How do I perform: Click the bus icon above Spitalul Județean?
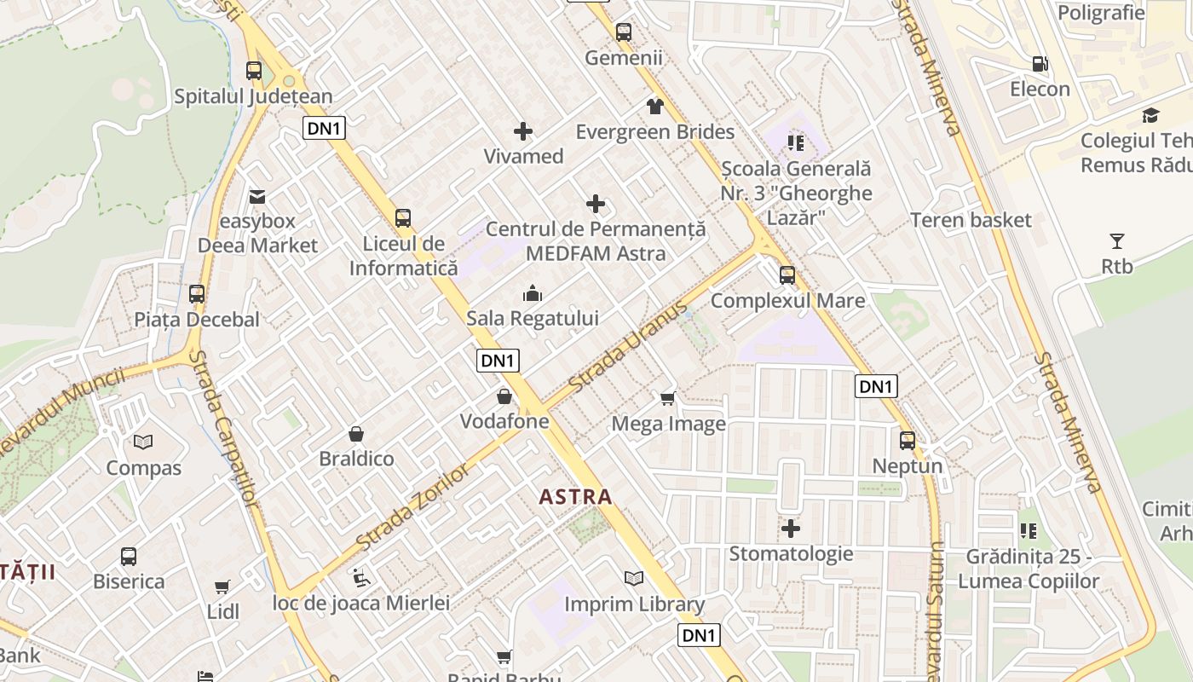pyautogui.click(x=254, y=71)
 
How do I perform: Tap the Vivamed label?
pyautogui.click(x=523, y=156)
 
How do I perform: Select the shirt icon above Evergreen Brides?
pyautogui.click(x=654, y=107)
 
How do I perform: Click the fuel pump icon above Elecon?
pyautogui.click(x=1040, y=64)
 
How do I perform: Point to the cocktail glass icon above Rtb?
pyautogui.click(x=1116, y=241)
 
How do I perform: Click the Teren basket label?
pyautogui.click(x=971, y=220)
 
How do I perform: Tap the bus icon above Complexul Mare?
pyautogui.click(x=787, y=275)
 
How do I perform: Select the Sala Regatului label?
pyautogui.click(x=532, y=319)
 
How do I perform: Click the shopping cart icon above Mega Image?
pyautogui.click(x=668, y=398)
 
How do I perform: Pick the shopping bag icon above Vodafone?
pyautogui.click(x=504, y=396)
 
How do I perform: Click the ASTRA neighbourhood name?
pyautogui.click(x=576, y=496)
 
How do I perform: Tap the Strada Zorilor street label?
pyautogui.click(x=412, y=508)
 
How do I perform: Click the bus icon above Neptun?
pyautogui.click(x=908, y=441)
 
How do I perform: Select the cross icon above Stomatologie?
pyautogui.click(x=791, y=529)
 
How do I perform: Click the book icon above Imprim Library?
pyautogui.click(x=634, y=579)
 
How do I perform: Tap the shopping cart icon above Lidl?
pyautogui.click(x=222, y=587)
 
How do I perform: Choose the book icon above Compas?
pyautogui.click(x=143, y=442)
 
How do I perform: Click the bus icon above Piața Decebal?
pyautogui.click(x=197, y=294)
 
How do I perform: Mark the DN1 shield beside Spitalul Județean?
pyautogui.click(x=324, y=128)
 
